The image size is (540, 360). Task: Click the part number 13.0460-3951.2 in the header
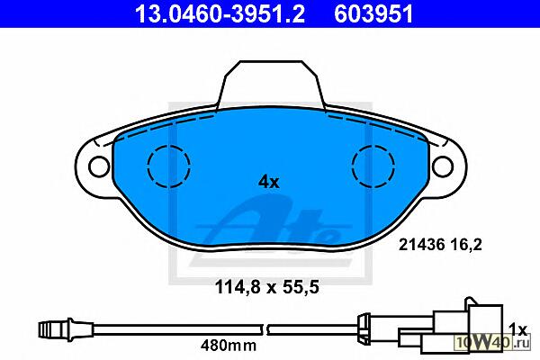click(x=220, y=13)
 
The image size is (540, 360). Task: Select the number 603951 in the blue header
click(x=373, y=13)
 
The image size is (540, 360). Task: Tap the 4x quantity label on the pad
click(x=269, y=182)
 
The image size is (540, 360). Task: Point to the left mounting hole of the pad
click(x=99, y=166)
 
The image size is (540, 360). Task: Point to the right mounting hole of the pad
click(x=442, y=166)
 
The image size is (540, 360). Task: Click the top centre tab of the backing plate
click(x=271, y=83)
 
